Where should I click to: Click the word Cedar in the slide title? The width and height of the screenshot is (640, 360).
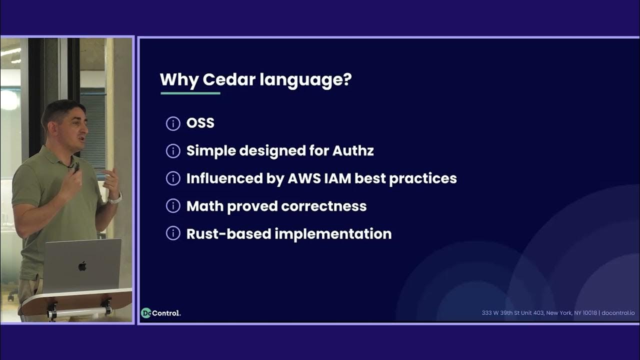click(223, 80)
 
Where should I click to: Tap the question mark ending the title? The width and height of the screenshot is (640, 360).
click(347, 80)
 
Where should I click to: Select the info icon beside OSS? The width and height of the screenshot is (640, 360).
click(173, 123)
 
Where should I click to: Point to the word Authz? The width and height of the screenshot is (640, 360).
click(353, 151)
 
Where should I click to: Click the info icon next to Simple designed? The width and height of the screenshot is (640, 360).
click(173, 151)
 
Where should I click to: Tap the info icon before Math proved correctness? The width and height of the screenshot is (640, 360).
click(173, 206)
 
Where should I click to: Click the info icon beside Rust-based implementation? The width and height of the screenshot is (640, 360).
click(173, 233)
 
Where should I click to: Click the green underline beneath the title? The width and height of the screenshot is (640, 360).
click(190, 93)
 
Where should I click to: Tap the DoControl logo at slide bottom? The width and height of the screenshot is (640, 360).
click(160, 313)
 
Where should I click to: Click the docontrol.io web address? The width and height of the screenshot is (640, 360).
click(618, 313)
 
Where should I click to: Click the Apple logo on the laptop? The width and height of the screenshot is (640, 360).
click(82, 266)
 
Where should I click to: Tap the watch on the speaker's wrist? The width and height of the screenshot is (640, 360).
click(115, 198)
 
